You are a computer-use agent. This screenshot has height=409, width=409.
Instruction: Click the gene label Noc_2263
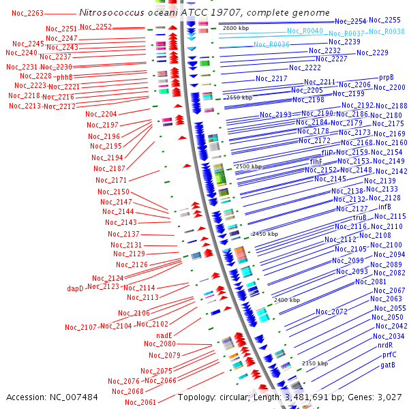point(27,13)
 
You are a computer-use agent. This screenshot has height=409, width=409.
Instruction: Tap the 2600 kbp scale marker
point(237,28)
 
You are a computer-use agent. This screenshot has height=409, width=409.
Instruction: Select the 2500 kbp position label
point(248,166)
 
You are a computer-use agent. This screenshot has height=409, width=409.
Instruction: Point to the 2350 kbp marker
point(315,363)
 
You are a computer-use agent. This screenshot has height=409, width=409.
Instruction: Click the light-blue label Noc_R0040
point(305,31)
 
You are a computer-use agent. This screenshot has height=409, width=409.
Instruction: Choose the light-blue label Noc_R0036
point(272,44)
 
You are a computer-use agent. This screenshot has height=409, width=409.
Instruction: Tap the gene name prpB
point(387,78)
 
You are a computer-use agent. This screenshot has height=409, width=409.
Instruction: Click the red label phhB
point(64,77)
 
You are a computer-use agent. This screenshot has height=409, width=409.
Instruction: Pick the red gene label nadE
point(164,335)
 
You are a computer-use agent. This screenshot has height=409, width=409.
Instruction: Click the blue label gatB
point(388,365)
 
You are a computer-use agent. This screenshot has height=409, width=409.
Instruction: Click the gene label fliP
point(327,152)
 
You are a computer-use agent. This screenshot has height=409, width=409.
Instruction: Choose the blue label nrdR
point(386,345)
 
